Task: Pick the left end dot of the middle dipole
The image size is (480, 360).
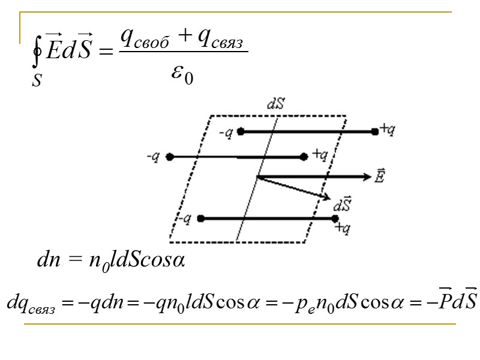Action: [x=170, y=157]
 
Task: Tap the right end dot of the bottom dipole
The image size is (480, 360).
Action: [x=336, y=219]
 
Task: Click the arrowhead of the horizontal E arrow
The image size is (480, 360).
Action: [x=367, y=176]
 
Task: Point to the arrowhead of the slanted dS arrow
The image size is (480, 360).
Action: [x=326, y=197]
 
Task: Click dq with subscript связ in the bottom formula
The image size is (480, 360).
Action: [x=30, y=302]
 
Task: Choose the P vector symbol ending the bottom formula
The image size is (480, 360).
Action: [x=445, y=299]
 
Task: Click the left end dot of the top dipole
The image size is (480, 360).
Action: [x=240, y=130]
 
